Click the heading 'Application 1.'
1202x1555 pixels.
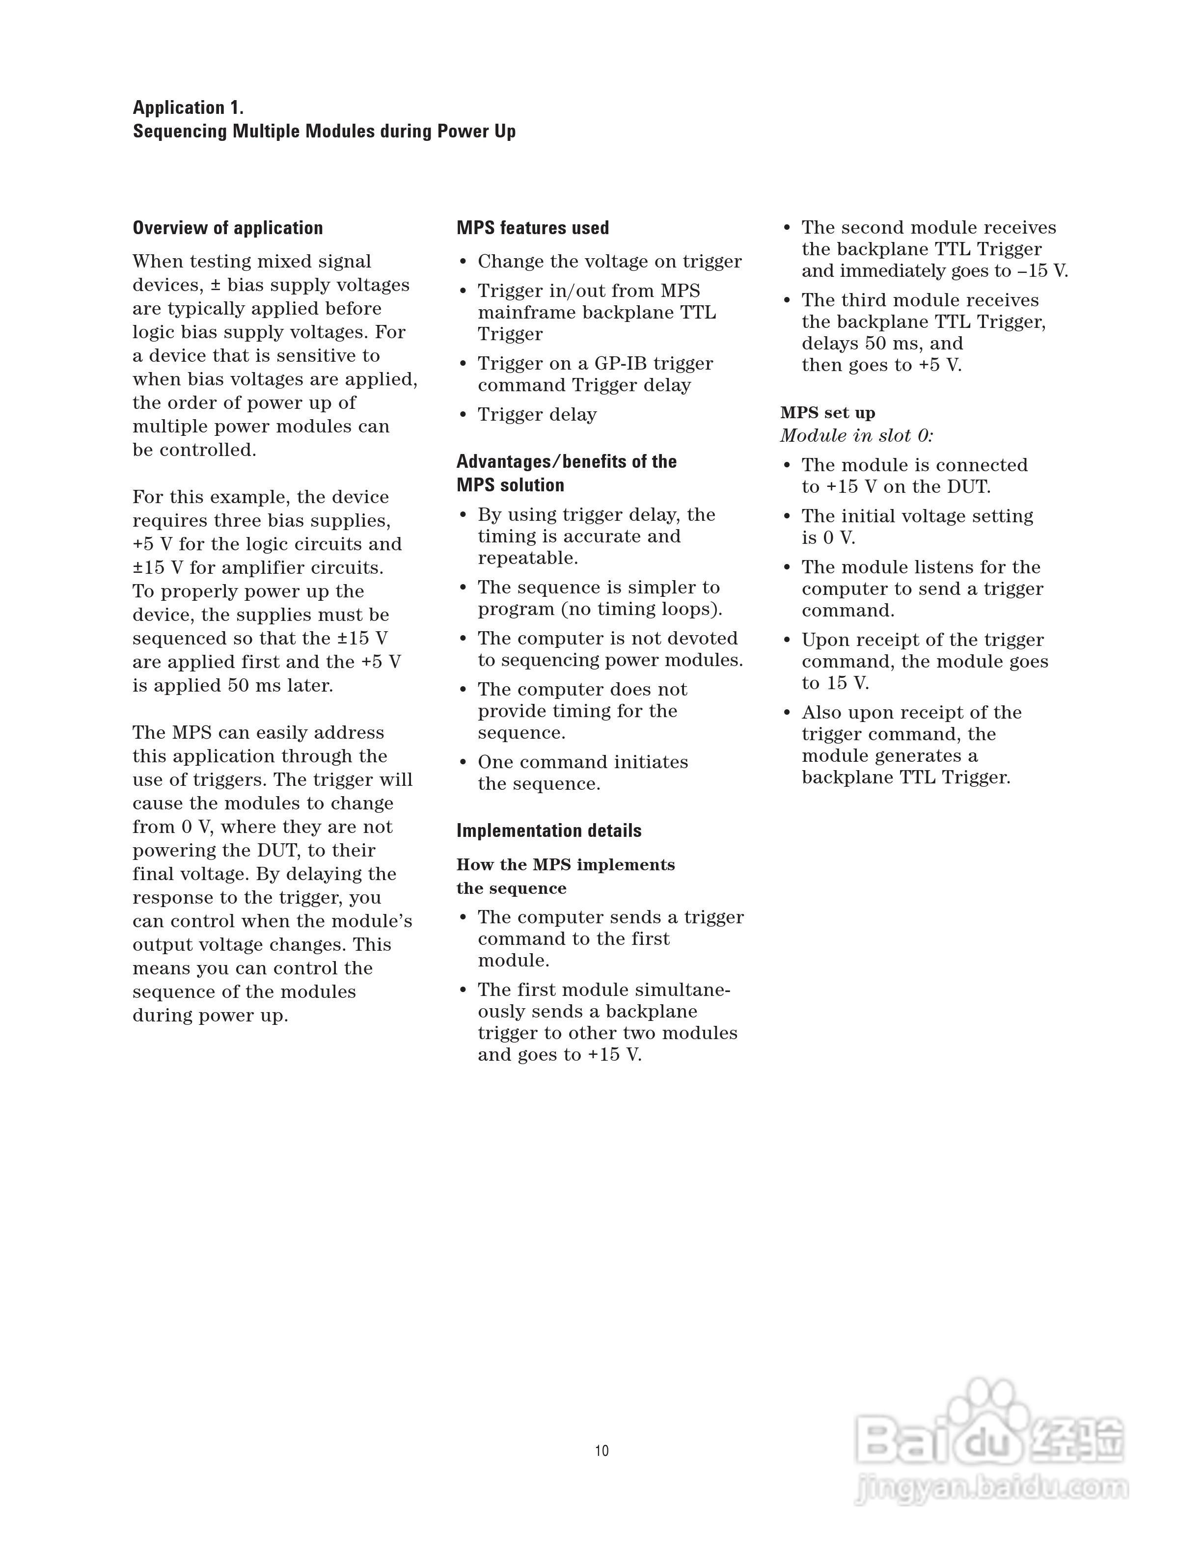click(x=188, y=107)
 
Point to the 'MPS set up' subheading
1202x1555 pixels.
click(x=827, y=413)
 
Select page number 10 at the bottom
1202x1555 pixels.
click(x=601, y=1451)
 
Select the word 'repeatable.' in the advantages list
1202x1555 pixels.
click(x=528, y=558)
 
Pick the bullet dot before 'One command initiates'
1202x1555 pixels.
click(x=463, y=763)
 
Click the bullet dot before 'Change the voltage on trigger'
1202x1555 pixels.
click(x=463, y=263)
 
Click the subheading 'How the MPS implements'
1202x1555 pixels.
click(x=565, y=864)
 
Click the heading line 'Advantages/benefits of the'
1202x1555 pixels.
click(x=566, y=461)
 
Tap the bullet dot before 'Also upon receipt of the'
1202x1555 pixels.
click(x=787, y=713)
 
